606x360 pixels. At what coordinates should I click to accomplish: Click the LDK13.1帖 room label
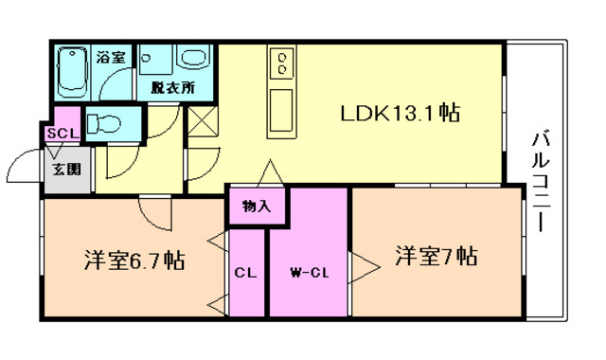tap(401, 114)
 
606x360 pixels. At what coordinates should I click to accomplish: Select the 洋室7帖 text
tap(436, 256)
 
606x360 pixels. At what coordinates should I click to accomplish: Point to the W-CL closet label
tap(308, 273)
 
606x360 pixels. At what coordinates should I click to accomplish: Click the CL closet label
tap(245, 273)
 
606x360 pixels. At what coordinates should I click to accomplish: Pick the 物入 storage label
tap(256, 206)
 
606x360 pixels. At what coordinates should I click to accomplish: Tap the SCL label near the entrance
tap(62, 134)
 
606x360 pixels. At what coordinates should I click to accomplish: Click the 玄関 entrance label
tap(65, 170)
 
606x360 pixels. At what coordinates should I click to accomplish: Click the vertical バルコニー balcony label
tap(542, 180)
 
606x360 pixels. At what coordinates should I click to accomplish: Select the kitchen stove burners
tap(281, 64)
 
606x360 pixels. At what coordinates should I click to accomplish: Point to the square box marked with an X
tap(203, 120)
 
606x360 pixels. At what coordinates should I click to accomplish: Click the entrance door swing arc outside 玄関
tap(24, 171)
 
